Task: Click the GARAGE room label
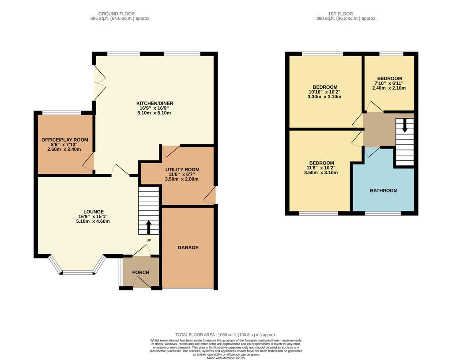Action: (x=188, y=247)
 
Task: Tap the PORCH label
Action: (x=141, y=272)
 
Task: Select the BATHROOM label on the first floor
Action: (x=384, y=191)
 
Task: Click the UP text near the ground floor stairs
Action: (x=149, y=240)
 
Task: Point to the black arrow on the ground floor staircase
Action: (x=149, y=227)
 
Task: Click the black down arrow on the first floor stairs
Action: (x=405, y=126)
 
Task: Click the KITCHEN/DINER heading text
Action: (x=155, y=103)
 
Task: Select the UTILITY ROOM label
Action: (x=182, y=169)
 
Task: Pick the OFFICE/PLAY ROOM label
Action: (x=65, y=140)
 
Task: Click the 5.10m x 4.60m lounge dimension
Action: (x=93, y=221)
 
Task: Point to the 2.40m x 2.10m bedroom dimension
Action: (x=389, y=88)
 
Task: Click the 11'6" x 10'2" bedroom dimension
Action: (x=321, y=168)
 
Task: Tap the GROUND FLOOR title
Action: (x=117, y=14)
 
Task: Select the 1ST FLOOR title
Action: (x=340, y=14)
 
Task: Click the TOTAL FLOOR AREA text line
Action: (x=226, y=335)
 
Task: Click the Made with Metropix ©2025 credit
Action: (x=226, y=358)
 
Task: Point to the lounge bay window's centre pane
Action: (x=77, y=272)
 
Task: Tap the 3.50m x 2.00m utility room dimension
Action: (x=181, y=179)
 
